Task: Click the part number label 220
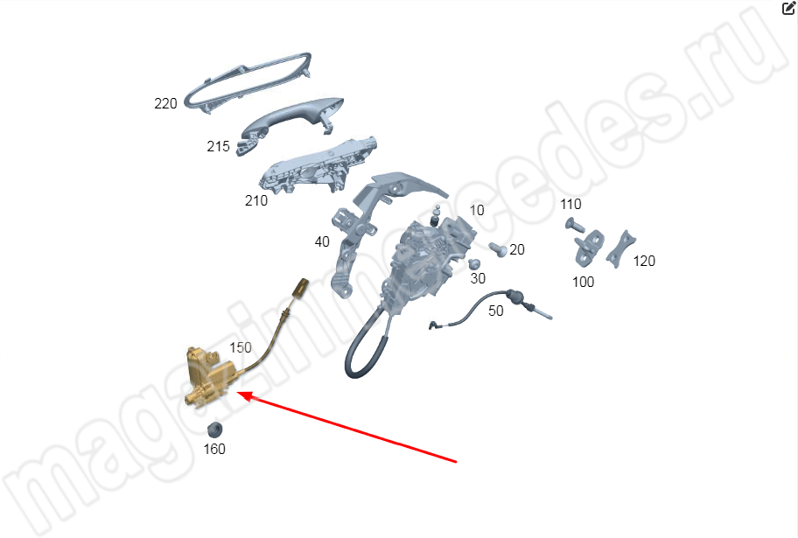[165, 103]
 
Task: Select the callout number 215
[219, 147]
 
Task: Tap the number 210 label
[256, 200]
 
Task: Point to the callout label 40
[322, 241]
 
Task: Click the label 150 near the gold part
[241, 347]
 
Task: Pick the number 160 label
[214, 449]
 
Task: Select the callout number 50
[496, 311]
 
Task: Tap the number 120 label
[644, 261]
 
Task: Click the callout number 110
[570, 204]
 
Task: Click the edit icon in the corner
[787, 8]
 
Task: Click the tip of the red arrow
[238, 393]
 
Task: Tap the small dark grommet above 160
[215, 429]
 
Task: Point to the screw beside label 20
[498, 249]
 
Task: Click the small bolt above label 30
[474, 263]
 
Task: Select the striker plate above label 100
[590, 248]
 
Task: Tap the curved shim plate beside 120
[620, 249]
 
